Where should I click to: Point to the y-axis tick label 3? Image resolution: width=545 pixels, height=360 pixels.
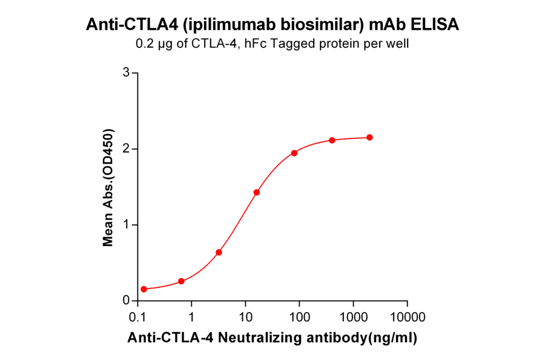pos(127,73)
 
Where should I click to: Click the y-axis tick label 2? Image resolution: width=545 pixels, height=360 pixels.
pos(127,148)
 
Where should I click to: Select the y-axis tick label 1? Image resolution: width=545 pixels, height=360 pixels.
pos(127,225)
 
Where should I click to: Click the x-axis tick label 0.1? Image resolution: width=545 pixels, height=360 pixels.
pos(138,317)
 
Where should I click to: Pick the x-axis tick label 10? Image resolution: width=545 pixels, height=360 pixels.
pos(245,317)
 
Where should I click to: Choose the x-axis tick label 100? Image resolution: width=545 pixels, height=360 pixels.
pos(299,317)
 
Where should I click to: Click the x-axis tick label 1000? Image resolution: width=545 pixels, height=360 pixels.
pos(353,317)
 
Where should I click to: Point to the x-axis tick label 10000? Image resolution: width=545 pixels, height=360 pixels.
pos(407,317)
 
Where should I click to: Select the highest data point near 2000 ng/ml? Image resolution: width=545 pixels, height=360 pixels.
pos(370,138)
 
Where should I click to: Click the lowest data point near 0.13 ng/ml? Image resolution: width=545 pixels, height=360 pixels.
pos(144,289)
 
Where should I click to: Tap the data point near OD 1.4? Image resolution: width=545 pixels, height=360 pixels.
pos(257,192)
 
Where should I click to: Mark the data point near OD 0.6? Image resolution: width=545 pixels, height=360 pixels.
pos(219,252)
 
